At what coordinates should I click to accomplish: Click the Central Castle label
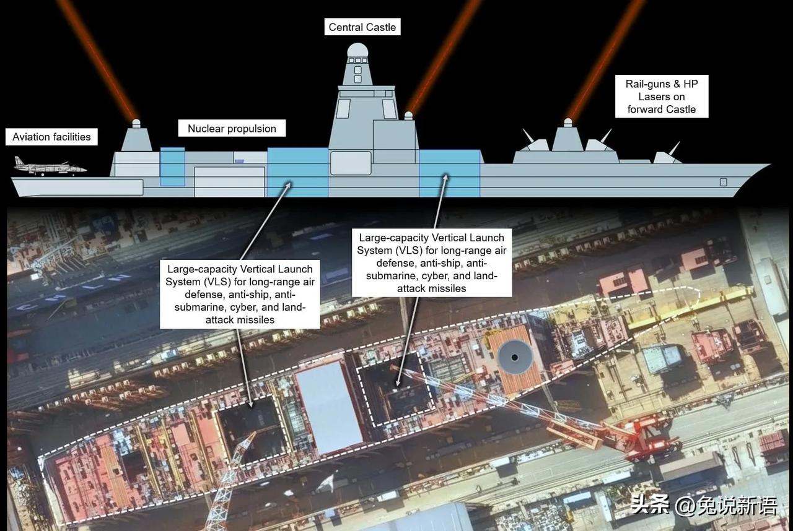pos(362,27)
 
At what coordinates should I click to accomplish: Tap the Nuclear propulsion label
pos(232,129)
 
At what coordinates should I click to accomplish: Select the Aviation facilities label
pos(51,137)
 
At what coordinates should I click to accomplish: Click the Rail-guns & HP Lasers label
pos(662,97)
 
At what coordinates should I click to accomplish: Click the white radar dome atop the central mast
pos(357,50)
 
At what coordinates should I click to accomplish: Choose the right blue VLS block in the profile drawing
pos(450,173)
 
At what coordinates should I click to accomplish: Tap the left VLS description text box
pos(240,294)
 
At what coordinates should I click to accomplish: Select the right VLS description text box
pos(432,263)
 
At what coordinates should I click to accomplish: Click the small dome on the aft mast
pos(136,123)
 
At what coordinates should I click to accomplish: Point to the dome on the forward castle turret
pos(568,122)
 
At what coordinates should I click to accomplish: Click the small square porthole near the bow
pos(723,182)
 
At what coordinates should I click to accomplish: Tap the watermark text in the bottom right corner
pos(704,506)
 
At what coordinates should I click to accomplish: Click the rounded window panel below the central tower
pos(351,163)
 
